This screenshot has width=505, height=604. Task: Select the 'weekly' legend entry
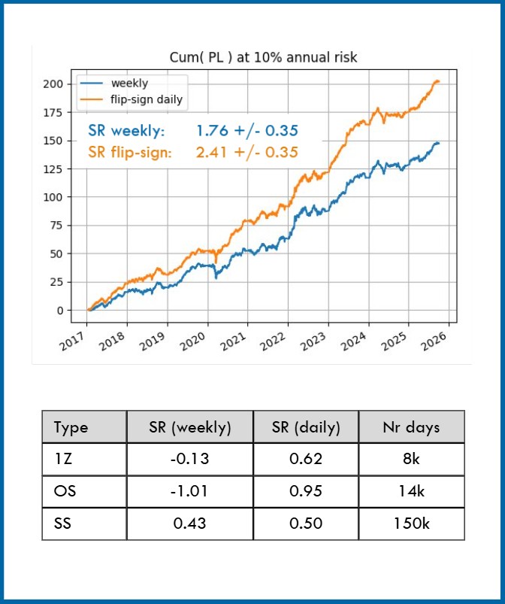pos(129,83)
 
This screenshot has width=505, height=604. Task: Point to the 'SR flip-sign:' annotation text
pos(130,152)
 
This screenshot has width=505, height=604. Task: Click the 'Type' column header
pos(71,427)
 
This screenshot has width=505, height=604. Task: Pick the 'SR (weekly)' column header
pos(190,427)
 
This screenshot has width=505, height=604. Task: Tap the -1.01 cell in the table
pos(190,491)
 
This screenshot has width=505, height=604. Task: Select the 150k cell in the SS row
pos(411,524)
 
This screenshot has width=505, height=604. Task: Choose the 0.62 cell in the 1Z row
pos(306,459)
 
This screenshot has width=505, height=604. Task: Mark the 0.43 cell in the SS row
pos(190,524)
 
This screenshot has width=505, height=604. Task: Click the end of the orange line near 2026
pos(438,81)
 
